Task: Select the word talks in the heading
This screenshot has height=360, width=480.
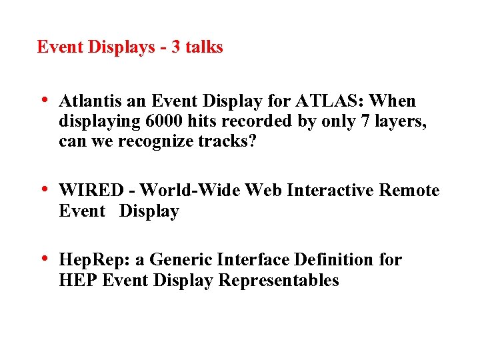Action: (205, 47)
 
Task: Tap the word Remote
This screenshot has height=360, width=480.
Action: (408, 191)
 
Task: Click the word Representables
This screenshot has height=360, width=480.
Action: (279, 281)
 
